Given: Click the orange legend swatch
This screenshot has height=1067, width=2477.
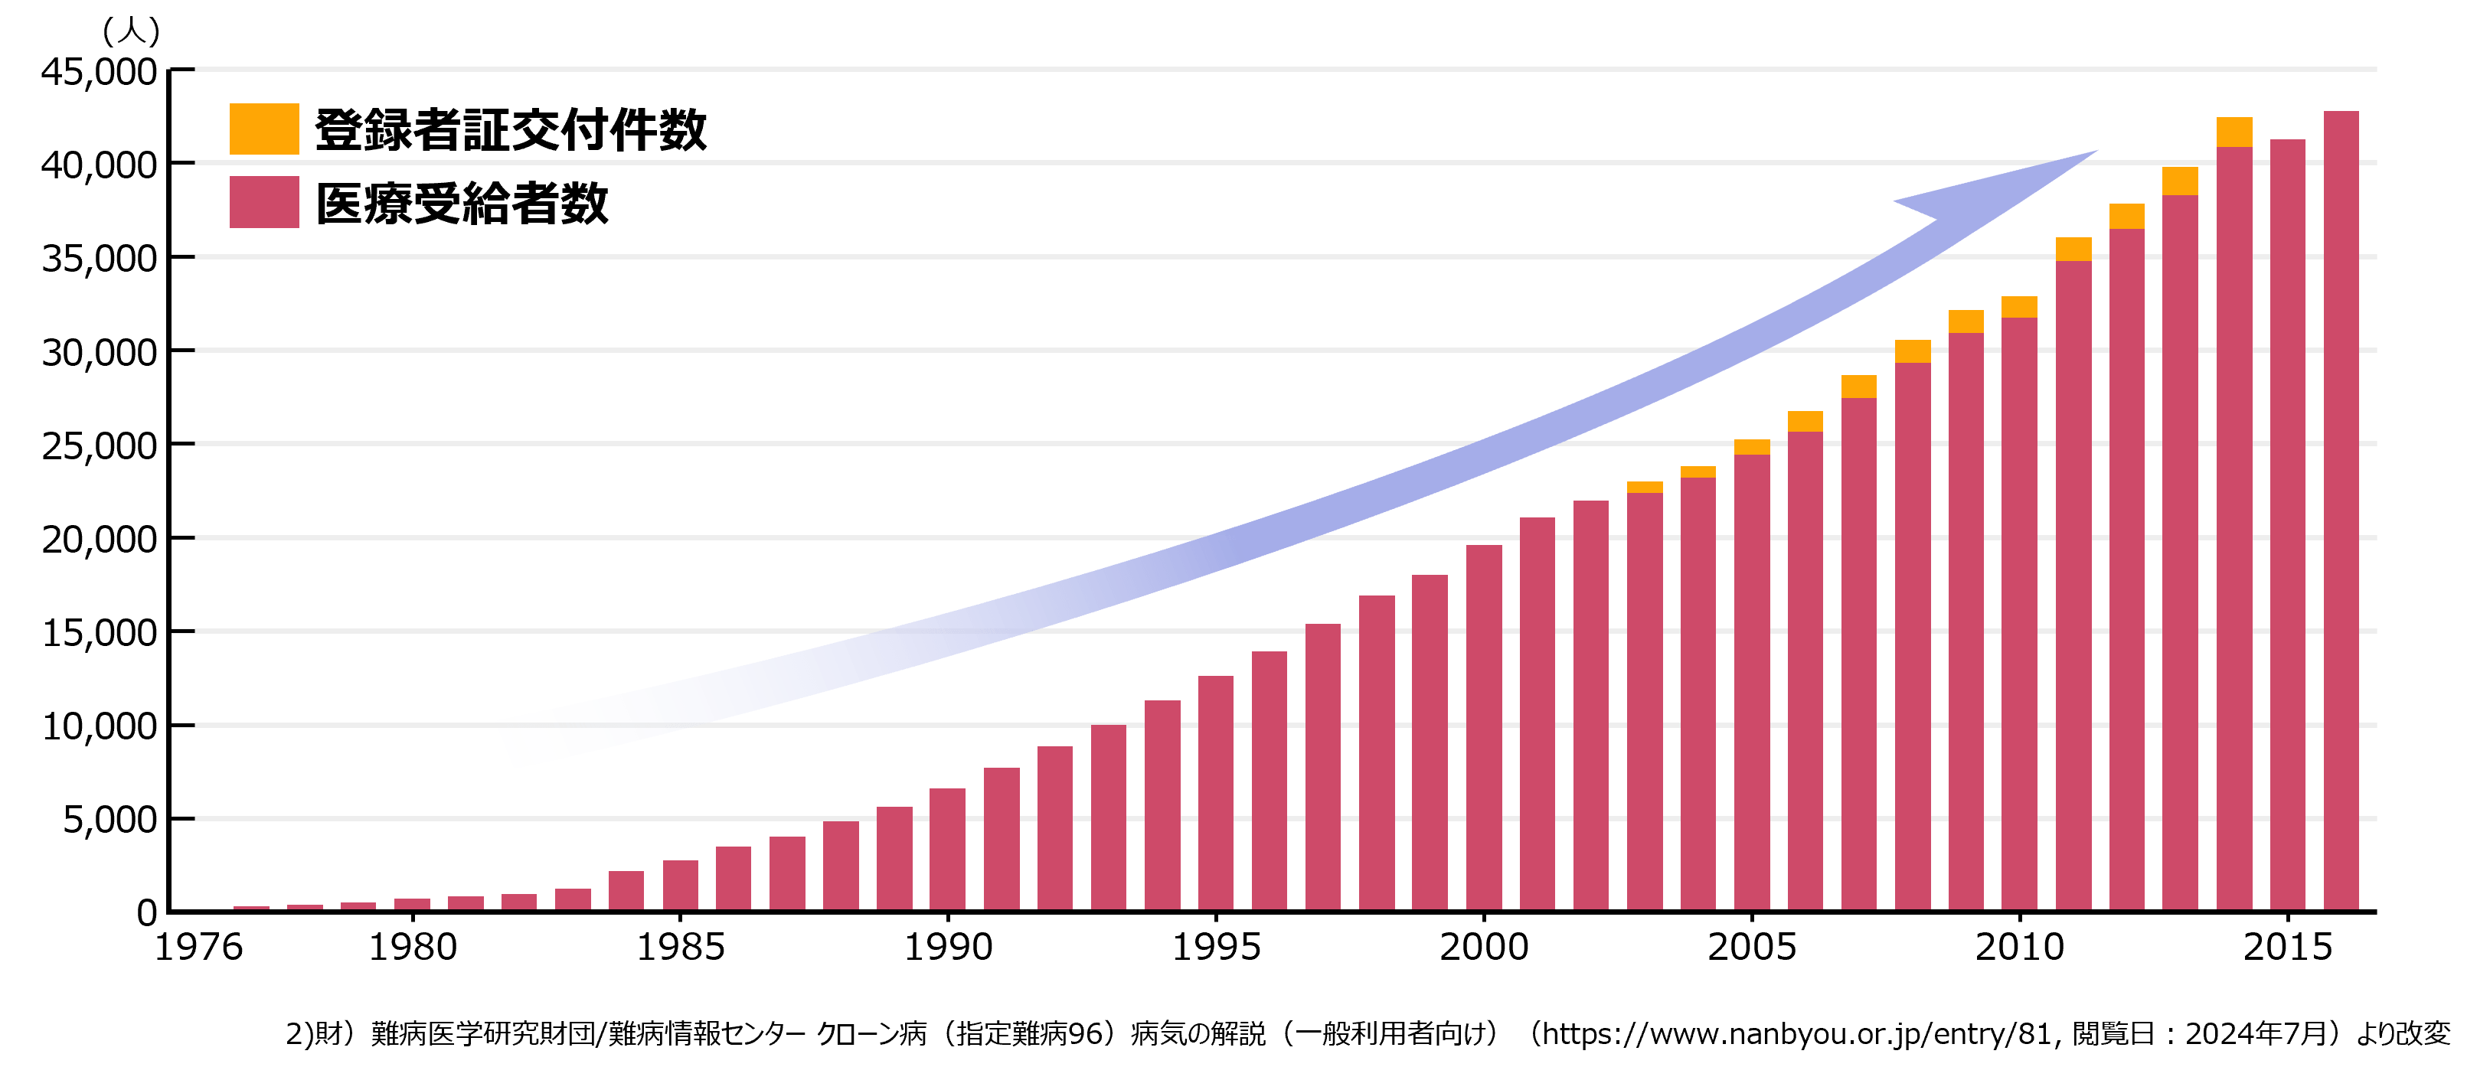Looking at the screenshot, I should (263, 129).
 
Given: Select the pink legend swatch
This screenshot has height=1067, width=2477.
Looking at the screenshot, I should (263, 202).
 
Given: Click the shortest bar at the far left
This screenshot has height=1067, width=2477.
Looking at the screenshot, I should (251, 906).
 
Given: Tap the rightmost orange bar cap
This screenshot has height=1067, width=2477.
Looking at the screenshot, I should (2234, 132).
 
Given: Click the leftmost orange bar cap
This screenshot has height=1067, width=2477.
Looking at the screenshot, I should (1644, 488).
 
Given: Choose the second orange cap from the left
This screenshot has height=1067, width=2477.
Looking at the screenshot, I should (1698, 472).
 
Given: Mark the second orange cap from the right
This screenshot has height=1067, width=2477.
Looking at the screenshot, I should (2180, 181).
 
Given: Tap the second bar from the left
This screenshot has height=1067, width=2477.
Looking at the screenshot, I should (305, 906).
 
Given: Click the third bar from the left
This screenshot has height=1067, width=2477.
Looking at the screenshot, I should (358, 905).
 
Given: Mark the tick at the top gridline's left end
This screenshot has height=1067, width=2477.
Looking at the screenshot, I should (183, 69).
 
